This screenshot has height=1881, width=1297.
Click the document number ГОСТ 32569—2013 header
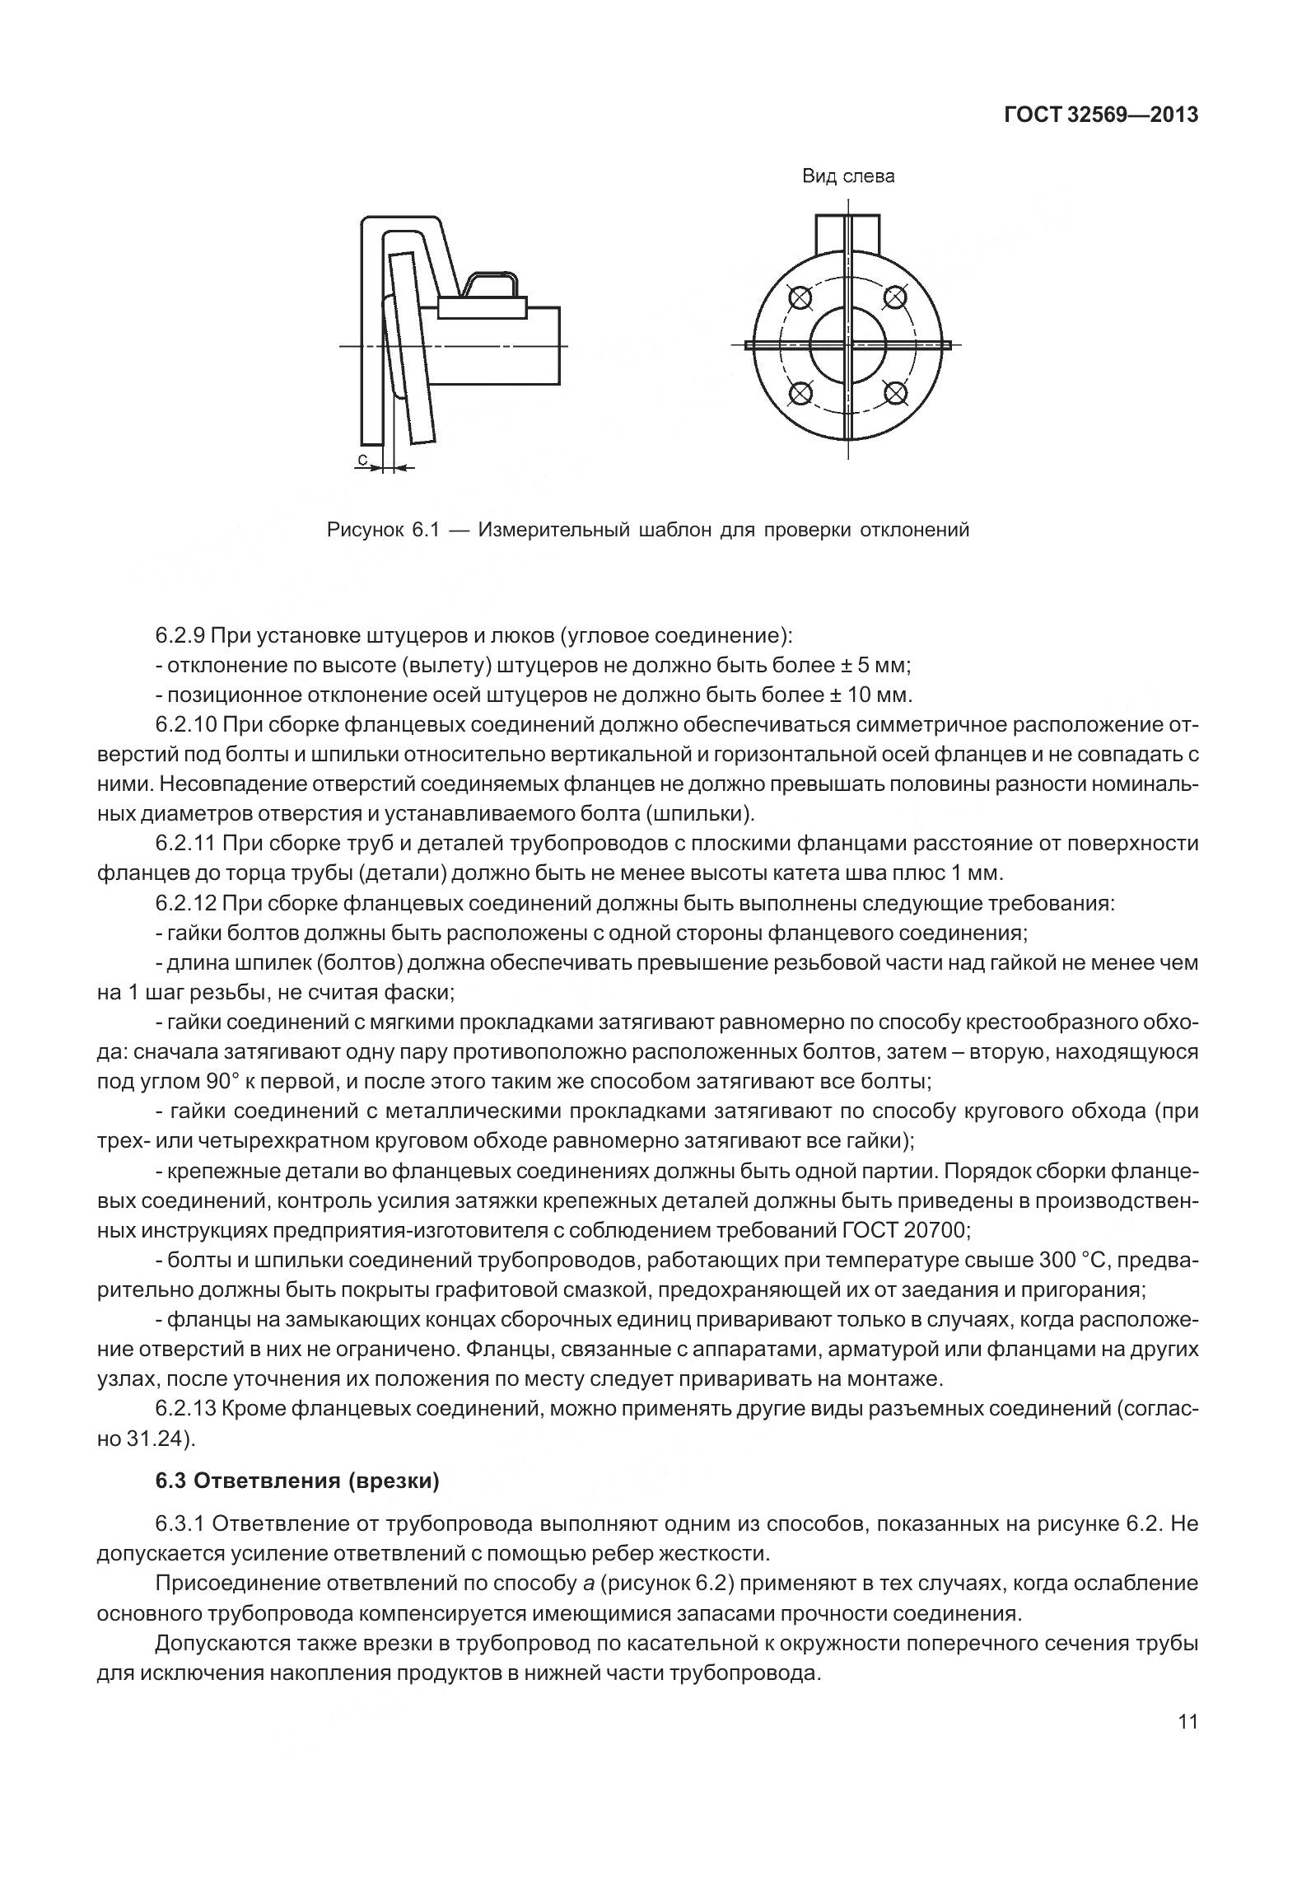(1100, 115)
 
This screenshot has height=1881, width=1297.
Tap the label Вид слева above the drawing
(848, 176)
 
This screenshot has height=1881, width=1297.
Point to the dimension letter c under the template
(362, 457)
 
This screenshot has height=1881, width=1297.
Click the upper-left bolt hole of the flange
(799, 297)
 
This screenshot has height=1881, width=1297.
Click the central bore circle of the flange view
(847, 344)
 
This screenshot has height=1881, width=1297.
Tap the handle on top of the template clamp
(492, 283)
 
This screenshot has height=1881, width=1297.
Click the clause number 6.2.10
(190, 725)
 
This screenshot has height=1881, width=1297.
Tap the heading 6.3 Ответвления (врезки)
(297, 1481)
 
